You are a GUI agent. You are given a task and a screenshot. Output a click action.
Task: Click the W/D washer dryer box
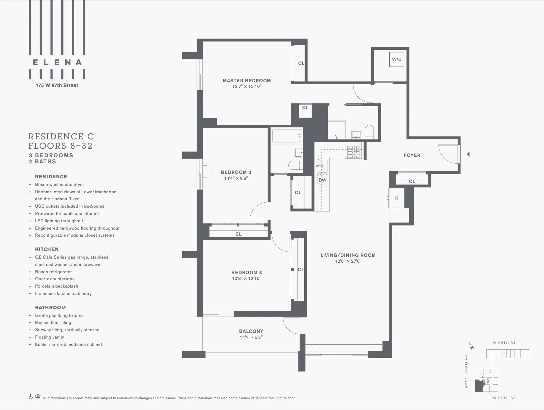click(396, 59)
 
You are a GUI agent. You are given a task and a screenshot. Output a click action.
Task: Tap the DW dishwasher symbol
click(322, 180)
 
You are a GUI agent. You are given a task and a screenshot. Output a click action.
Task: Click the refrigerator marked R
click(396, 198)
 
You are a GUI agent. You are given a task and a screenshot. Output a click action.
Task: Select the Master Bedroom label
click(246, 81)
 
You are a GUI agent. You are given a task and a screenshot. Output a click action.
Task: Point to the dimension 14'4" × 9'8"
click(236, 178)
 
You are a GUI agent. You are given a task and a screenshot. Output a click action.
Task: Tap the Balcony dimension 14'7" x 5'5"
click(251, 337)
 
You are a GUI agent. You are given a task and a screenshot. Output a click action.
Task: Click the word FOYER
click(412, 156)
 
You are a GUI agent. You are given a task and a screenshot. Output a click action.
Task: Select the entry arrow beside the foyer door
click(468, 154)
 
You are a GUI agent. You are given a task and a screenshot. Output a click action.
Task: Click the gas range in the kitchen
click(353, 152)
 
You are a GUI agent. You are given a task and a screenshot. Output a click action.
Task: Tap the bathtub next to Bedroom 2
click(287, 136)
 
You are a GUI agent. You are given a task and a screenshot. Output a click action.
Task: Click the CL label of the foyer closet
click(412, 182)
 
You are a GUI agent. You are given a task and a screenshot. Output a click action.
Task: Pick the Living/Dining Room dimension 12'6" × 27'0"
click(348, 261)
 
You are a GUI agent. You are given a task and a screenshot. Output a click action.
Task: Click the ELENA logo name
click(57, 62)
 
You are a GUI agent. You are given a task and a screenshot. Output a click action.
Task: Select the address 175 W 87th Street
click(57, 86)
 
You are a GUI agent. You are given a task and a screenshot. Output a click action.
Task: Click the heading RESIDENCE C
click(61, 136)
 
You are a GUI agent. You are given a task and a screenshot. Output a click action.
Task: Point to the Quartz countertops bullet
click(55, 279)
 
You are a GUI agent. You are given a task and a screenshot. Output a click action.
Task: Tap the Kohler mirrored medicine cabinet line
click(68, 344)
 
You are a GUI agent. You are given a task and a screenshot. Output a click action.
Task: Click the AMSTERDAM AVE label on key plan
click(466, 370)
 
